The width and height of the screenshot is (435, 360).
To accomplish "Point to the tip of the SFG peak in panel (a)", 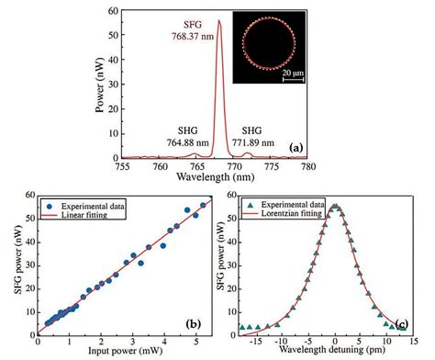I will [218, 20].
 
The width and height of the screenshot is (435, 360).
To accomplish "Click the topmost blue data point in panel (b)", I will [203, 205].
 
